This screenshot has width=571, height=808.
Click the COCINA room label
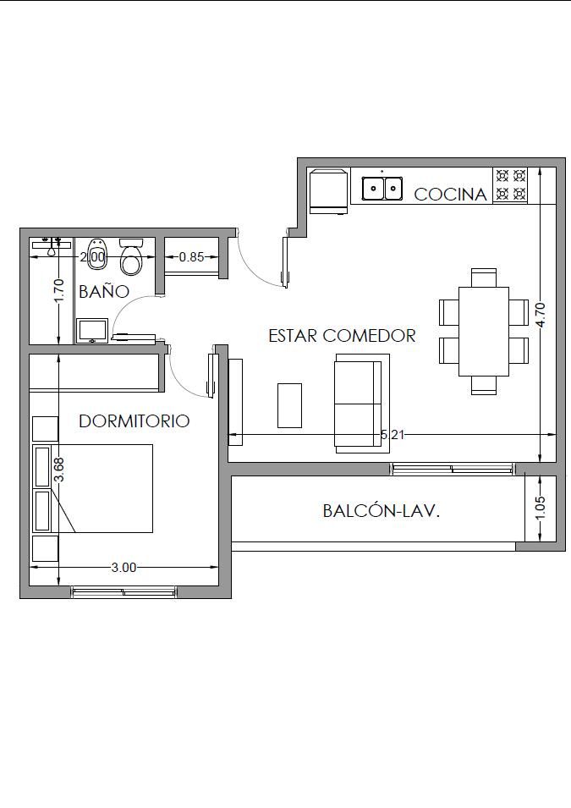[450, 195]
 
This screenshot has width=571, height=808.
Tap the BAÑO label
[103, 291]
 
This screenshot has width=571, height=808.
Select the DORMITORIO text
[134, 421]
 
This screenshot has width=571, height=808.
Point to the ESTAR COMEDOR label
[342, 335]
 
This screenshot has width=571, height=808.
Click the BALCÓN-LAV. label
[382, 511]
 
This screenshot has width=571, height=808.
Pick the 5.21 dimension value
[393, 435]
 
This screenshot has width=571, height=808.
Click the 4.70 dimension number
[540, 315]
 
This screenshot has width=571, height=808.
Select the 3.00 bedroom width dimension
[124, 568]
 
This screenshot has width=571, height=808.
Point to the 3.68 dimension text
[60, 470]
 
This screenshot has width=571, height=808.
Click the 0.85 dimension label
[192, 256]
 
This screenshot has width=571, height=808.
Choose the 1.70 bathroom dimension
[60, 291]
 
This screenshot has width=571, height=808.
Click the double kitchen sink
[382, 188]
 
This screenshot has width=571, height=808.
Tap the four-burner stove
[510, 184]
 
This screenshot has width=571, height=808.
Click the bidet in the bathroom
[96, 255]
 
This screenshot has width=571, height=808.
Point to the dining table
[483, 332]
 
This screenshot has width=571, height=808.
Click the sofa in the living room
[362, 404]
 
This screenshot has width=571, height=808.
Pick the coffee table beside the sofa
[289, 405]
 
